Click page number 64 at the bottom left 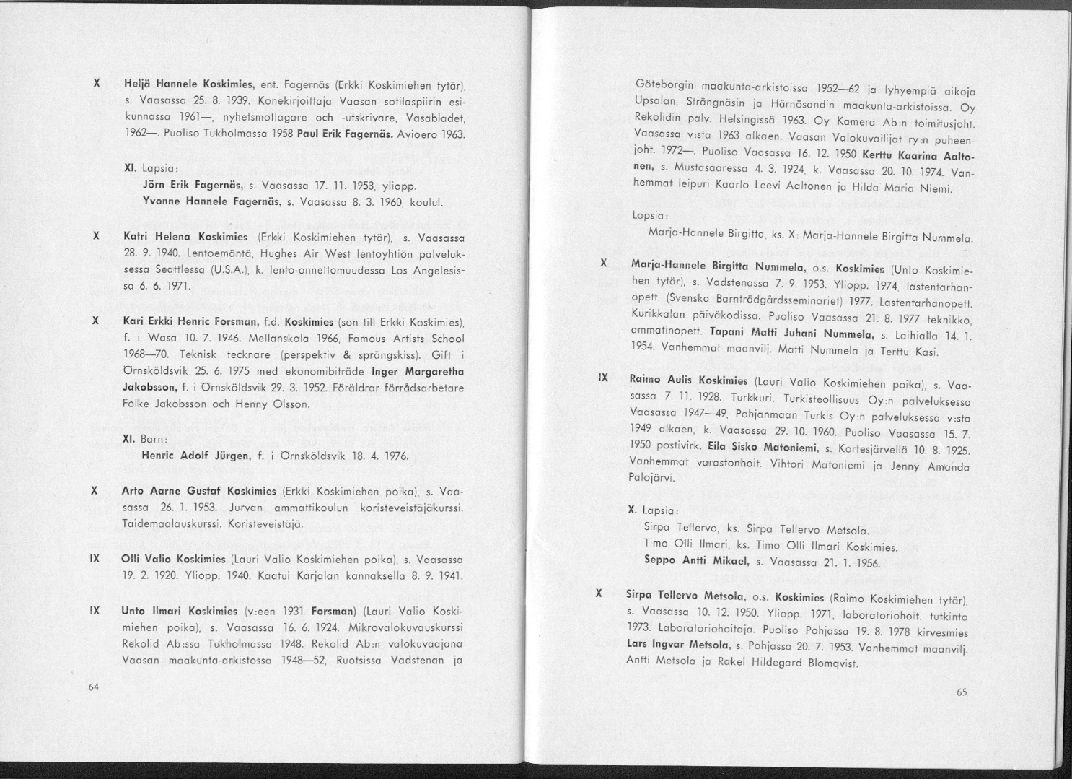click(x=93, y=687)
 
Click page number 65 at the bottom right click(x=962, y=692)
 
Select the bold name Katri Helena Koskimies click(x=188, y=236)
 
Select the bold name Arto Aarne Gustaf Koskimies click(x=199, y=491)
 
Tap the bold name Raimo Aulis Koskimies click(x=689, y=380)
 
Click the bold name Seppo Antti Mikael click(x=698, y=560)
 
